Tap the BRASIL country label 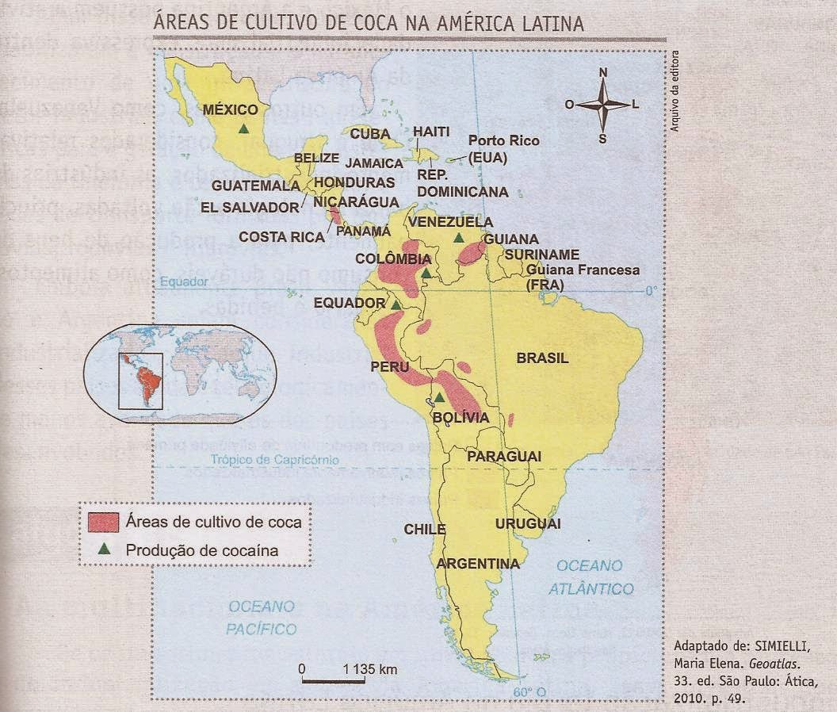tap(542, 358)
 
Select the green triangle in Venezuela tap(459, 238)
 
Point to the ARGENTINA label tap(478, 564)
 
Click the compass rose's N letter tap(603, 73)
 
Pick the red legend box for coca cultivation tap(103, 523)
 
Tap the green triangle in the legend tap(103, 549)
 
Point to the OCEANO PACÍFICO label tap(261, 618)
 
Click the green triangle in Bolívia tap(439, 396)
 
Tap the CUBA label tap(370, 133)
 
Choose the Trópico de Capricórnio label tap(275, 459)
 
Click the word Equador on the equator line tap(182, 281)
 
